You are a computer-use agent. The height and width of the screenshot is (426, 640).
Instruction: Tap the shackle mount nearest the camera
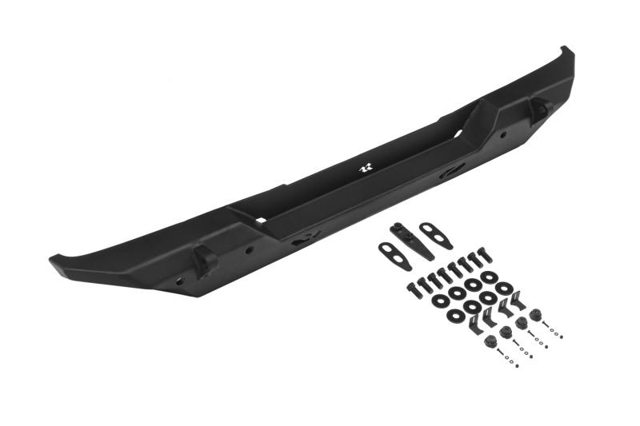click(203, 259)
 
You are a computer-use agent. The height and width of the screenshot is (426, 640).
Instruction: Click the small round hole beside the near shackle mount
click(250, 249)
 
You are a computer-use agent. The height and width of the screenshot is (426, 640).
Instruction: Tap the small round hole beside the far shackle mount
click(503, 134)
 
